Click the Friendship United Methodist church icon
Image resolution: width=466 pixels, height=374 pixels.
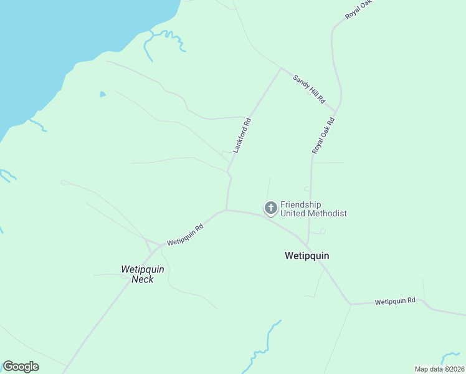(x=271, y=208)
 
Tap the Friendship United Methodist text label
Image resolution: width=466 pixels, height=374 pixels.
(x=313, y=209)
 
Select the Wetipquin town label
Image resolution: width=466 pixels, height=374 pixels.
(x=307, y=256)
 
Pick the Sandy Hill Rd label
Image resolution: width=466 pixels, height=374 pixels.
(x=310, y=89)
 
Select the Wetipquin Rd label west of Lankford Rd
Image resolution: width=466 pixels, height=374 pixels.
(x=185, y=235)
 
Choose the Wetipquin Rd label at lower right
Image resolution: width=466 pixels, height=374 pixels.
(x=395, y=302)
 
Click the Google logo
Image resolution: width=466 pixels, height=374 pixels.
(x=21, y=367)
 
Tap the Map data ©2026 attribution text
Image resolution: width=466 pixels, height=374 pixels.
(x=439, y=369)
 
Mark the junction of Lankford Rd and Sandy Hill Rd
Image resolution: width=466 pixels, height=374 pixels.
(x=281, y=69)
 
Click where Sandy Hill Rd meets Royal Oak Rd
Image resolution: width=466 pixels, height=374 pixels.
(x=336, y=113)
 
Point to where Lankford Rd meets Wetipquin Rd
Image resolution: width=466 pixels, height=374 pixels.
(x=226, y=210)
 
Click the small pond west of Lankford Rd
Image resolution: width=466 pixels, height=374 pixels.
(x=102, y=94)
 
